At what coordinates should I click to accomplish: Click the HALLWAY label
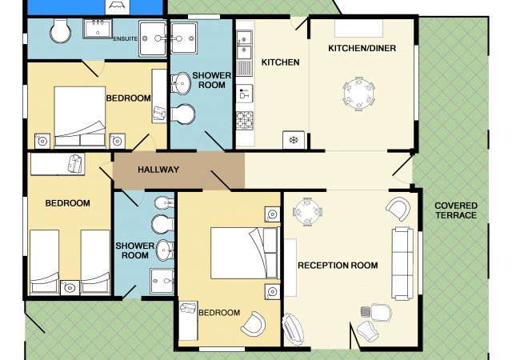(x=158, y=170)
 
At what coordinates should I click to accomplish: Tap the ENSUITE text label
(x=126, y=38)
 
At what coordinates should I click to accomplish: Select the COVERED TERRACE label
(x=456, y=210)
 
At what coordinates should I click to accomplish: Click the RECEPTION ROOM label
(x=338, y=265)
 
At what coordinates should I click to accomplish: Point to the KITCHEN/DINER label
(x=362, y=48)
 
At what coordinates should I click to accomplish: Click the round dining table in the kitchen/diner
(x=359, y=94)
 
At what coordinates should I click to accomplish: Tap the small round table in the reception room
(x=307, y=212)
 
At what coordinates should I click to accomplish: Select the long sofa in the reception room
(x=402, y=263)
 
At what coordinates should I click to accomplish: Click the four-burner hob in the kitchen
(x=245, y=120)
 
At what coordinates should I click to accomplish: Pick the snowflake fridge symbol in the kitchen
(x=294, y=140)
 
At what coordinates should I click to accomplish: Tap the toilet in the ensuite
(x=60, y=31)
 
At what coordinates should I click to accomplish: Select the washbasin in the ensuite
(x=98, y=29)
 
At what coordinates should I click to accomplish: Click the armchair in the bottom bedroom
(x=253, y=324)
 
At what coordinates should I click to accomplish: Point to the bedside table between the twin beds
(x=70, y=287)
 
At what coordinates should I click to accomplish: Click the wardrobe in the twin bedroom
(x=58, y=164)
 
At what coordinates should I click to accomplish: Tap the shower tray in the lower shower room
(x=162, y=281)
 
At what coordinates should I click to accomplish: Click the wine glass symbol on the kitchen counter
(x=245, y=94)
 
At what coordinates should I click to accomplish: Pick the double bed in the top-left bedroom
(x=80, y=116)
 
